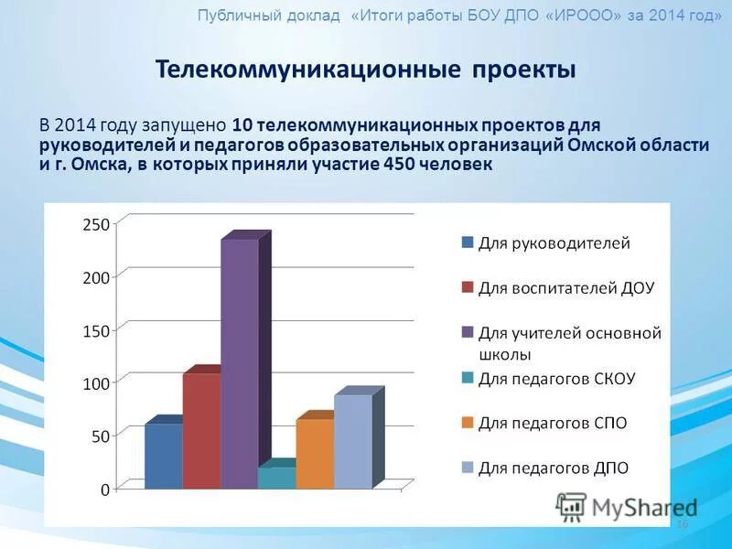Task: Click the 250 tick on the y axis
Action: (x=97, y=224)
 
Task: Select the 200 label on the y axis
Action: (x=97, y=277)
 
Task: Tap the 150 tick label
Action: (x=97, y=330)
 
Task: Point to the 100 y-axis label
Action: (x=97, y=383)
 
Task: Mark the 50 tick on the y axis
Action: (x=101, y=436)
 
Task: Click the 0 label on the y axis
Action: (x=105, y=490)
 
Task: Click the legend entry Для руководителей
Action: (x=554, y=243)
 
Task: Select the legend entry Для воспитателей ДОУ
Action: (x=566, y=287)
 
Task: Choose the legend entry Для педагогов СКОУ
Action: (x=556, y=378)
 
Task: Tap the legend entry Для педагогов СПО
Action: (x=553, y=423)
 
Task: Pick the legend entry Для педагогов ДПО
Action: (x=554, y=468)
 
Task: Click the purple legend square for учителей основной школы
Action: (x=468, y=333)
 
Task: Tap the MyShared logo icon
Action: (x=571, y=507)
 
